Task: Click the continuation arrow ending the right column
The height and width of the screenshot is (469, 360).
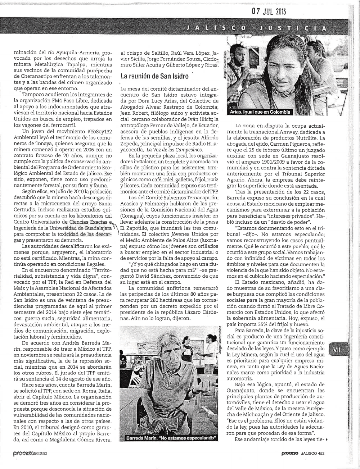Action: [326, 439]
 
